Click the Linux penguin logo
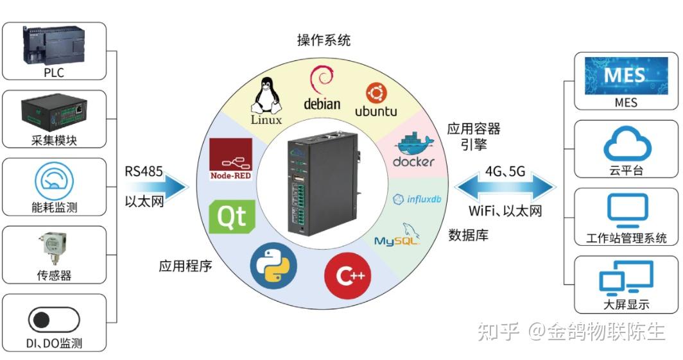click(x=267, y=96)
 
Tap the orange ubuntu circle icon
click(x=375, y=94)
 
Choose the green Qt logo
click(x=232, y=216)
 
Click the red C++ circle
click(x=347, y=276)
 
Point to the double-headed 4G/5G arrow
click(x=505, y=187)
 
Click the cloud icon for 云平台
click(x=626, y=144)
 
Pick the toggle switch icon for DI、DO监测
click(x=54, y=319)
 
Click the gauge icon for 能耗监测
click(x=54, y=181)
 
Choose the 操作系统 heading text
click(x=324, y=40)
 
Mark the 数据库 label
click(x=468, y=235)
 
